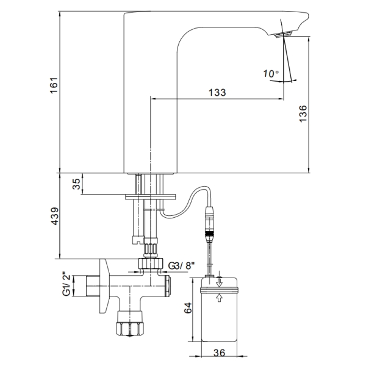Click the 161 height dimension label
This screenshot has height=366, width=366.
tap(54, 85)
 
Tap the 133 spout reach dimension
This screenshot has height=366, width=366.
tap(217, 93)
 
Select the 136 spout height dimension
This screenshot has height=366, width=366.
tap(303, 113)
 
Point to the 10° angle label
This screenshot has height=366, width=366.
tap(271, 74)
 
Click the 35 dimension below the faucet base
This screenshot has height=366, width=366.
tap(76, 184)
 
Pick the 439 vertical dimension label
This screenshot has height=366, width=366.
tap(55, 216)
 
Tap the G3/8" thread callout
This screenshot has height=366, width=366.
tap(181, 265)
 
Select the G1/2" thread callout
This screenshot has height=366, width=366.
tap(66, 284)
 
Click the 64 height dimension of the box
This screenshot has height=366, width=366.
tap(188, 308)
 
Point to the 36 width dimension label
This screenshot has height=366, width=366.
tap(219, 353)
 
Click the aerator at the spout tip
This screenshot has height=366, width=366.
tap(283, 34)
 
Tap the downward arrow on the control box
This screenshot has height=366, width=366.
tap(219, 282)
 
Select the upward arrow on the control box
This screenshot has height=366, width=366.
tap(219, 298)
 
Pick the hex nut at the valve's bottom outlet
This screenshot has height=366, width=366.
tap(130, 329)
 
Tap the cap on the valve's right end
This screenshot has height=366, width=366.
tap(168, 286)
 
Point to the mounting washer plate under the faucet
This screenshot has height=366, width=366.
tap(151, 196)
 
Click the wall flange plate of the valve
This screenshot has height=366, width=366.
tap(104, 286)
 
